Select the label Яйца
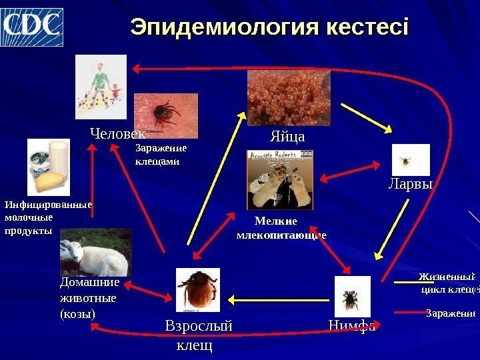tap(287, 137)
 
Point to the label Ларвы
tap(411, 184)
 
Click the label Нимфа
tap(352, 326)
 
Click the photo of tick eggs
tap(289, 98)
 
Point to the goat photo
tap(96, 252)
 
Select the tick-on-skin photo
tap(165, 115)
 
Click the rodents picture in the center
tap(279, 179)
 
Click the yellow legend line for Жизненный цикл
tap(405, 282)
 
